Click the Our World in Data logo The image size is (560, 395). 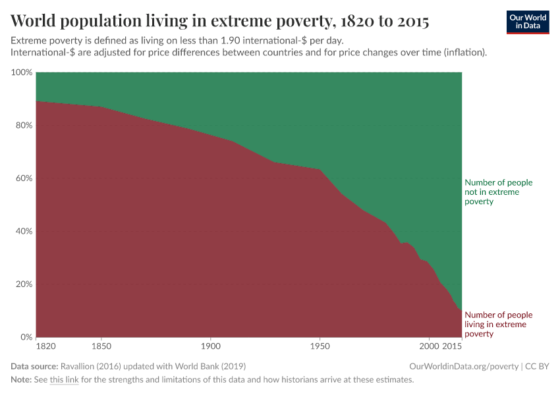[x=527, y=22]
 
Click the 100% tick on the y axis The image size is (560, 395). [x=22, y=72]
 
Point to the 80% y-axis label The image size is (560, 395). [x=24, y=125]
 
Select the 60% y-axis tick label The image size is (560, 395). [x=24, y=178]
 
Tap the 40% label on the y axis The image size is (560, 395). [x=24, y=231]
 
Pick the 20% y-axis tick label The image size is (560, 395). [x=24, y=284]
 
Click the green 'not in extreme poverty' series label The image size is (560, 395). [x=498, y=192]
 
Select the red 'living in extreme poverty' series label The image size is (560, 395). [x=498, y=325]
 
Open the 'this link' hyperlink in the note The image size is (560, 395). [x=64, y=380]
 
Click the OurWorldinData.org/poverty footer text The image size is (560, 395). [x=464, y=366]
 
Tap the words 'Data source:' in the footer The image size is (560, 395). [x=34, y=366]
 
